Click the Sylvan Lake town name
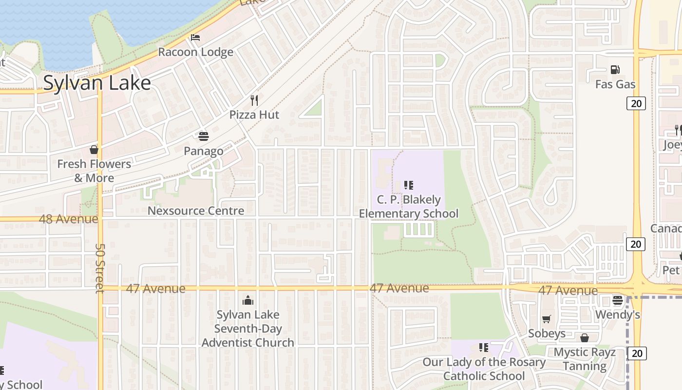coord(97,83)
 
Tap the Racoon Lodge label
coord(195,52)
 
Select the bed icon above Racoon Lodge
coord(195,38)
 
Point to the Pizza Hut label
coord(254,115)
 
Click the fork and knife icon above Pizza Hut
coord(254,100)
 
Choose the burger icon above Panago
coord(203,136)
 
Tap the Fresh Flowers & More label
coord(94,171)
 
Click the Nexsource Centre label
coord(196,211)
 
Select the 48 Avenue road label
coord(68,219)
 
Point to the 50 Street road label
coord(99,268)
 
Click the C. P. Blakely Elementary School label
coord(409,207)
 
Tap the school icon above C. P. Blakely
coord(409,185)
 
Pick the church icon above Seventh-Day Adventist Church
coord(248,300)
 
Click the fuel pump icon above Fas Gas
coord(615,70)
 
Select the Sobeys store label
coord(547,333)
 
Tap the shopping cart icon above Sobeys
coord(547,319)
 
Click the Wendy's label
coord(618,315)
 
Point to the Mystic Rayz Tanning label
coord(585,359)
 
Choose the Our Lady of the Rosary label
coord(484,369)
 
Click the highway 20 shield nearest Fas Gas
coord(636,103)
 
